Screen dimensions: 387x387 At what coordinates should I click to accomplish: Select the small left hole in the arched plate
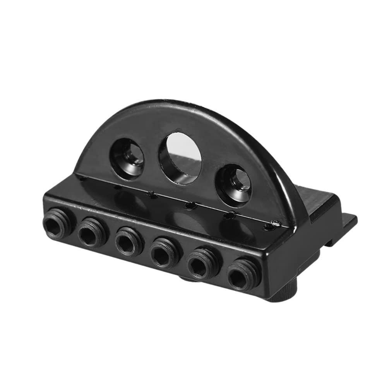click(x=128, y=154)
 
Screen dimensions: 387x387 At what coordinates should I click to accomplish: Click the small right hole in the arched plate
click(x=234, y=185)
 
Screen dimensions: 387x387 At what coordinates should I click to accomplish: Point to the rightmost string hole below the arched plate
click(x=275, y=224)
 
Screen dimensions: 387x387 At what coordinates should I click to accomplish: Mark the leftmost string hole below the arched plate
click(x=82, y=178)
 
